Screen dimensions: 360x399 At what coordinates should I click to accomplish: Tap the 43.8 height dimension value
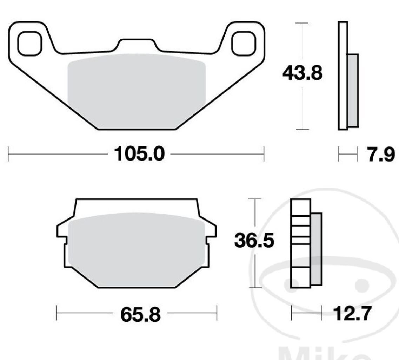(302, 74)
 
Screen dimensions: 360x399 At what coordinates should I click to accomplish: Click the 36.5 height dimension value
(254, 242)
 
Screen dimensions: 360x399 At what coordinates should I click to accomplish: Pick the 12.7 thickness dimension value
(351, 314)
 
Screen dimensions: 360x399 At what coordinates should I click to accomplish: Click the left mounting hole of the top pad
(30, 44)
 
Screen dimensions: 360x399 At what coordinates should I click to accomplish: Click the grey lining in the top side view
(353, 90)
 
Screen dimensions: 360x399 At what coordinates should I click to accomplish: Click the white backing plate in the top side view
(343, 76)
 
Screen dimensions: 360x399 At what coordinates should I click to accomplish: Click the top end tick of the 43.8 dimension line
(302, 23)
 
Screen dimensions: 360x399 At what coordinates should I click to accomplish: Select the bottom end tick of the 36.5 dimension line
(255, 288)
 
